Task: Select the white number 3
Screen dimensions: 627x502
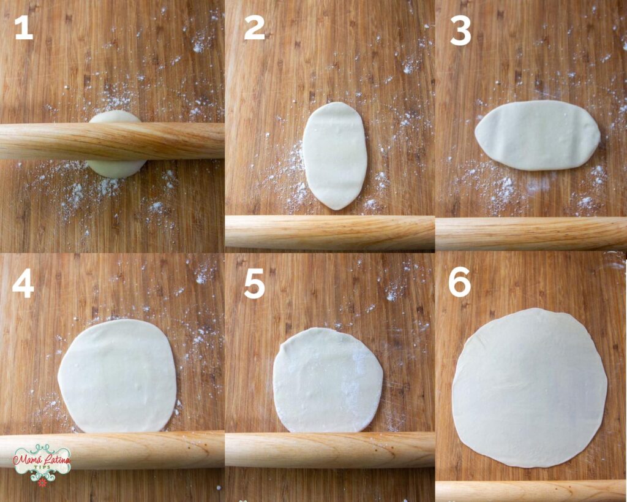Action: pyautogui.click(x=460, y=32)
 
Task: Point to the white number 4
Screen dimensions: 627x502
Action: pyautogui.click(x=23, y=286)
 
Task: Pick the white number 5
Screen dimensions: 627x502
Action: pyautogui.click(x=254, y=286)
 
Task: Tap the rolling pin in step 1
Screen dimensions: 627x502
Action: pyautogui.click(x=112, y=141)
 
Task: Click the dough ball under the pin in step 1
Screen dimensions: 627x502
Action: pyautogui.click(x=115, y=144)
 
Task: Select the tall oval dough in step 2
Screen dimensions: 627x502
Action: pyautogui.click(x=335, y=156)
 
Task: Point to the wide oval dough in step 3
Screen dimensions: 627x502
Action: pyautogui.click(x=538, y=135)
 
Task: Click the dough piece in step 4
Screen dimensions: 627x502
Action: pyautogui.click(x=117, y=376)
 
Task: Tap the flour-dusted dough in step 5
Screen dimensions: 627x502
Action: pyautogui.click(x=328, y=380)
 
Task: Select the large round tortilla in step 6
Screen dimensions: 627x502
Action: pyautogui.click(x=530, y=387)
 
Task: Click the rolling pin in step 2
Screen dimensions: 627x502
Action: pyautogui.click(x=330, y=232)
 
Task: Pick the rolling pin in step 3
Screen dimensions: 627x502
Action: pyautogui.click(x=531, y=234)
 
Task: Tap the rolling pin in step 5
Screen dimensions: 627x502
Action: pyautogui.click(x=330, y=449)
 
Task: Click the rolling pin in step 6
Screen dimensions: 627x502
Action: pyautogui.click(x=531, y=491)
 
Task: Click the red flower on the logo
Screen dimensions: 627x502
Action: pyautogui.click(x=42, y=483)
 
